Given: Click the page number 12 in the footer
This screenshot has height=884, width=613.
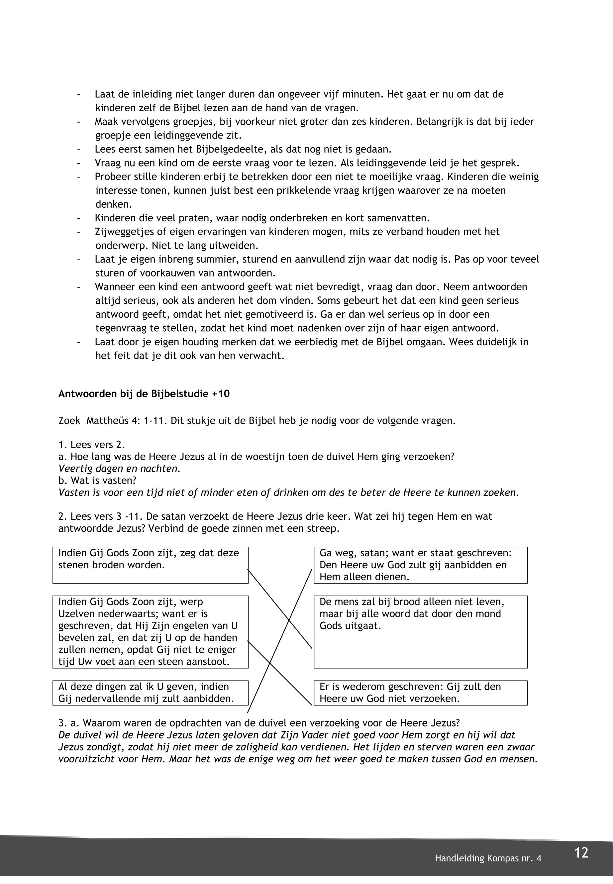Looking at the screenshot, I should [581, 852].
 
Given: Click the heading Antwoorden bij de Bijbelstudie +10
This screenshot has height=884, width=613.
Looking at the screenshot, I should [144, 394].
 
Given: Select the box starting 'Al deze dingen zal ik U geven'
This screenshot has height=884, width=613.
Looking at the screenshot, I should [150, 693].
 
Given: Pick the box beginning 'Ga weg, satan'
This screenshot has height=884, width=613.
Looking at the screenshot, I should [420, 565].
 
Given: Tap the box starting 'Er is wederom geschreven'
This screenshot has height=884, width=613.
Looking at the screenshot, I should [420, 693].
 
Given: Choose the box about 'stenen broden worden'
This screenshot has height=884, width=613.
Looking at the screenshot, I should [150, 565].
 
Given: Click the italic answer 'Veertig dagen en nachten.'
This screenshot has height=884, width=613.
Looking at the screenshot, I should [119, 469].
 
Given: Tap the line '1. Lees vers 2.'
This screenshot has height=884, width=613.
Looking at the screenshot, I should [91, 445].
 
